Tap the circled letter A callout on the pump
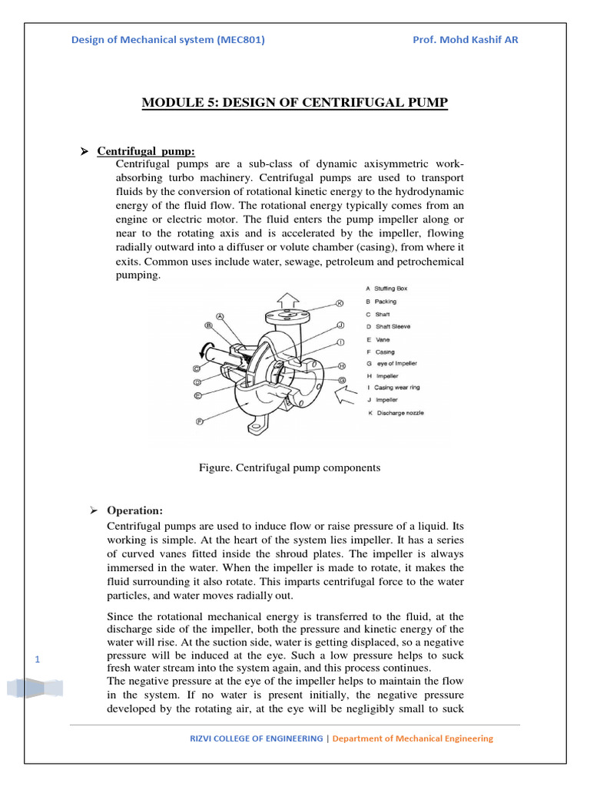coord(220,315)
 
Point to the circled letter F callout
coord(199,421)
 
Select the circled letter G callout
coord(341,380)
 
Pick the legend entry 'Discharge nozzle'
coord(395,413)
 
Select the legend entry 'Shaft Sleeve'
coord(392,326)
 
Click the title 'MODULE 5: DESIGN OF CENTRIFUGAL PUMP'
coord(294,102)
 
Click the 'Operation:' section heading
coord(134,510)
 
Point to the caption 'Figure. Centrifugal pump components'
coord(290,467)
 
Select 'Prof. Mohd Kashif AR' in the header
coord(466,40)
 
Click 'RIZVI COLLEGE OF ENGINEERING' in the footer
coord(257,738)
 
